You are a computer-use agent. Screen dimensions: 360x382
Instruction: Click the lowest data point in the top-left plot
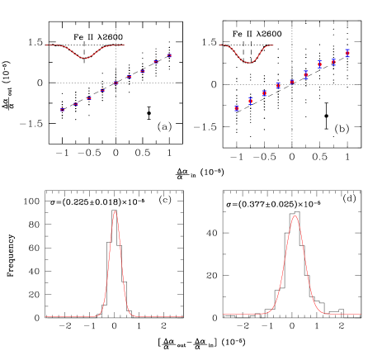(62, 109)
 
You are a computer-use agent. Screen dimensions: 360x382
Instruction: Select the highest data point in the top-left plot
(169, 55)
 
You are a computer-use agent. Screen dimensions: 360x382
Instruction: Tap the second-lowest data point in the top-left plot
(75, 104)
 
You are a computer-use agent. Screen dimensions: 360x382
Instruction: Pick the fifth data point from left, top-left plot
(116, 83)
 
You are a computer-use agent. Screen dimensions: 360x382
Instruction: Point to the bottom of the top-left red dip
(85, 59)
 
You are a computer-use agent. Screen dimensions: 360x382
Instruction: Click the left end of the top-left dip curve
(46, 45)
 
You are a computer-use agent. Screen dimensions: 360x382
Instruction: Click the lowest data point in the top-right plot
(237, 108)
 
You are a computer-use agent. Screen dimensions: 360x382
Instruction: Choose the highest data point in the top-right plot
(347, 52)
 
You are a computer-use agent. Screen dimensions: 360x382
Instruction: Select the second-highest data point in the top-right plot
(333, 62)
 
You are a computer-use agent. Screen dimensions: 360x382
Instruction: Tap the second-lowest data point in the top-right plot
(250, 101)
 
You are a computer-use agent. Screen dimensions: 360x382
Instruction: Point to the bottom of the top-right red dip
(249, 63)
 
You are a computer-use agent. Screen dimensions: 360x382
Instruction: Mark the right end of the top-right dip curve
(274, 45)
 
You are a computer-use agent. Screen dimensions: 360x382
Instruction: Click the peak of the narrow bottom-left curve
(115, 211)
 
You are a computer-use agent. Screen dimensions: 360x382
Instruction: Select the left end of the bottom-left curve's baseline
(45, 316)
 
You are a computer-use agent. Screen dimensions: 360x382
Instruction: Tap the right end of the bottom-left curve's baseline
(183, 316)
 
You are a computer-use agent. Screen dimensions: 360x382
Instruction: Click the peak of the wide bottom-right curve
(295, 216)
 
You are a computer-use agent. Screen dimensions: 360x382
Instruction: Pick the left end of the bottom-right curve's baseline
(223, 314)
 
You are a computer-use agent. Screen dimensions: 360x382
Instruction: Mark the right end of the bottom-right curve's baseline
(361, 314)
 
